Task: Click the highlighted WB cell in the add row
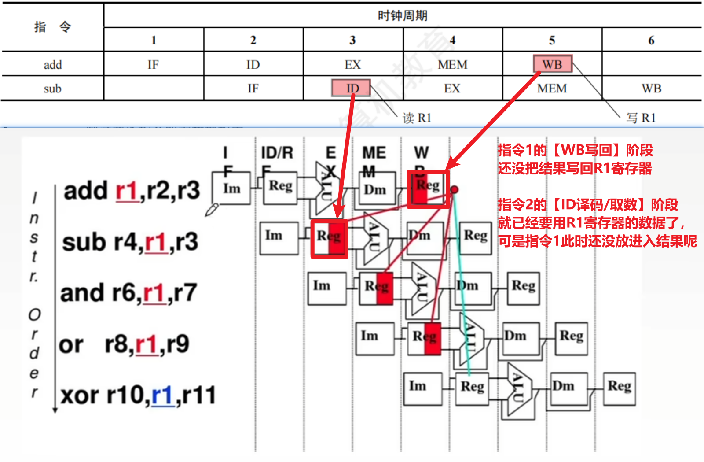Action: click(x=552, y=64)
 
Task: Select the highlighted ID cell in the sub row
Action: click(x=352, y=88)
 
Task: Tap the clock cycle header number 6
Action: click(x=651, y=41)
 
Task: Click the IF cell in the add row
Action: click(x=153, y=65)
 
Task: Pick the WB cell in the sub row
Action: click(x=651, y=89)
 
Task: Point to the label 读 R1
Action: click(x=417, y=118)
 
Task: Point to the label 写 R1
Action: click(x=641, y=118)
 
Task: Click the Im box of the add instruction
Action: click(x=231, y=188)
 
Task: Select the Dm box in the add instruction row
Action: click(x=375, y=189)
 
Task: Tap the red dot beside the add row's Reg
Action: click(x=455, y=189)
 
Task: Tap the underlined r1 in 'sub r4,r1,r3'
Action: click(x=156, y=243)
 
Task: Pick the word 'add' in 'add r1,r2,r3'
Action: click(x=86, y=191)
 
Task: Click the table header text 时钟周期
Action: click(x=402, y=16)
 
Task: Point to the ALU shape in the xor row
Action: click(x=518, y=388)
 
